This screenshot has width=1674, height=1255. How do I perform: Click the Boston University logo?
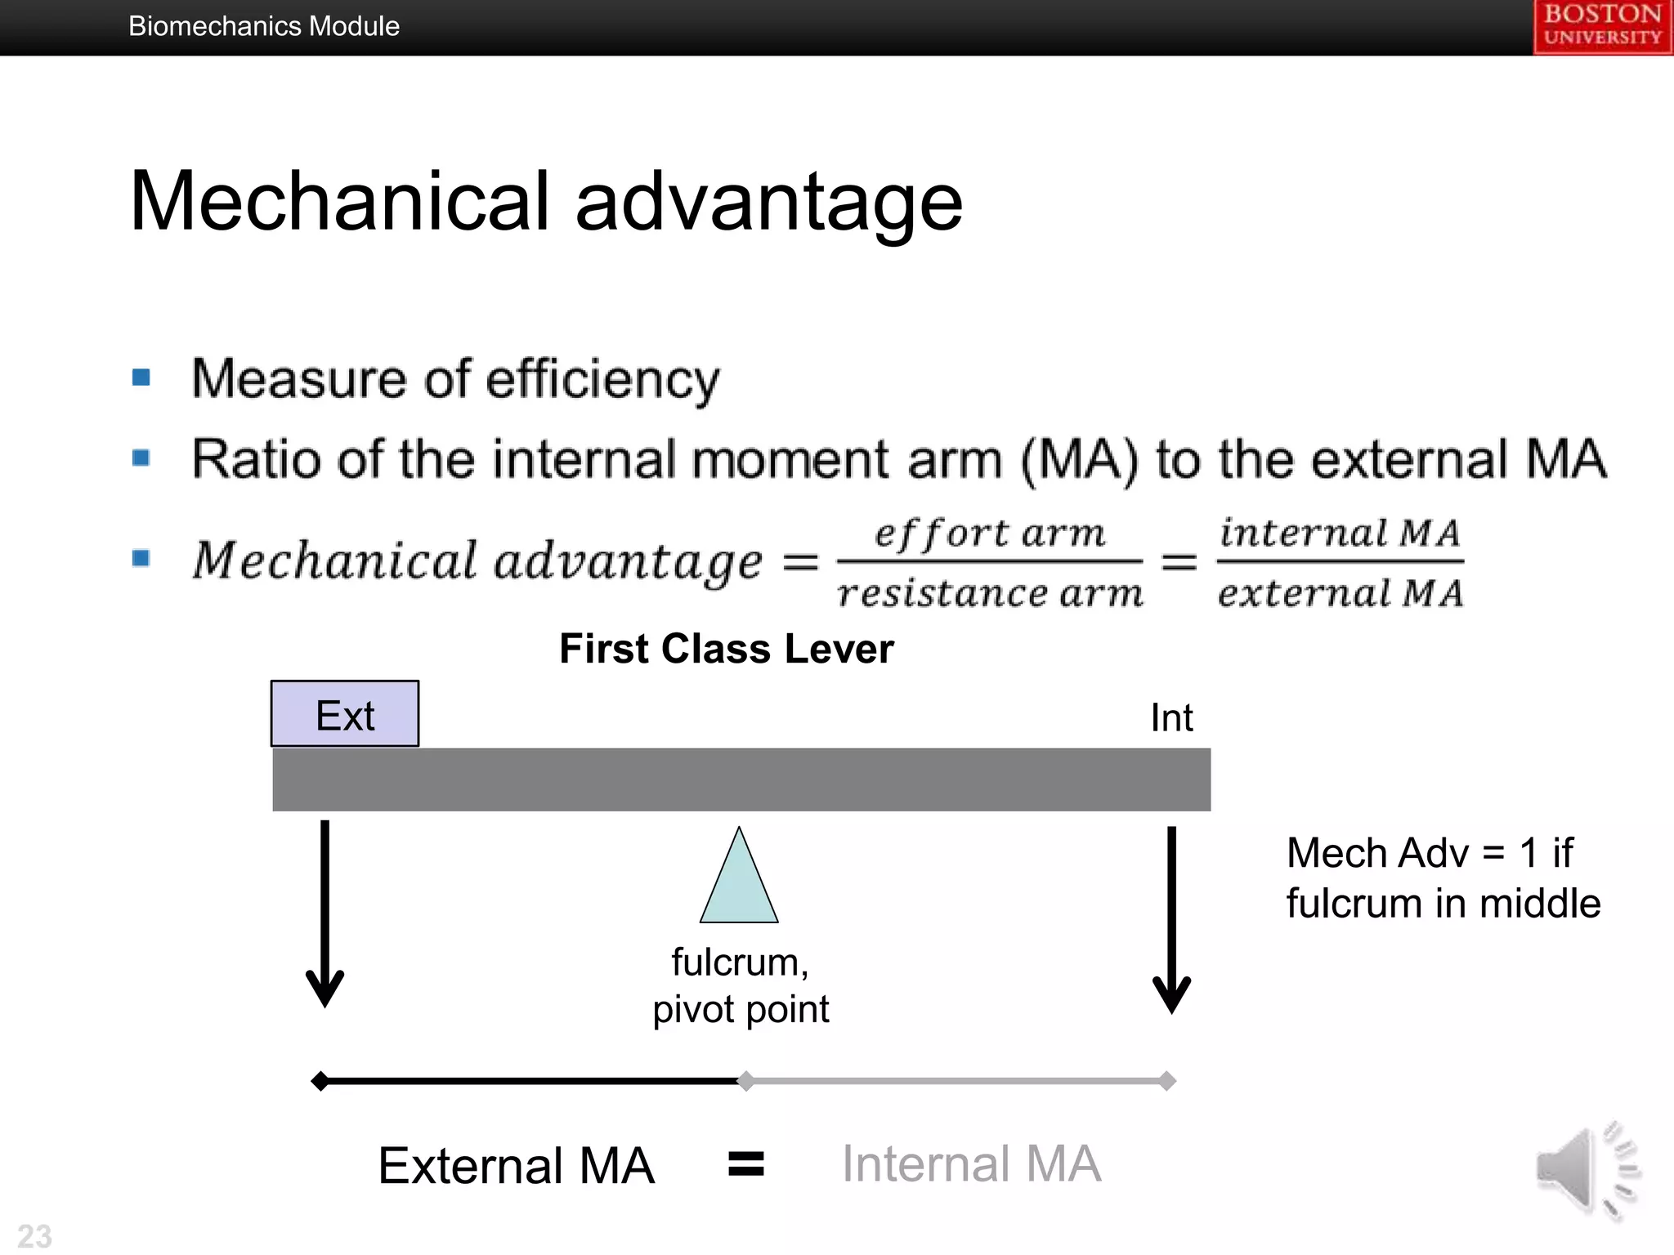[1602, 26]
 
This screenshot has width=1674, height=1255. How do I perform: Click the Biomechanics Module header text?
[263, 26]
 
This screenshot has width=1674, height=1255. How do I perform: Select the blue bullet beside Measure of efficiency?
[141, 377]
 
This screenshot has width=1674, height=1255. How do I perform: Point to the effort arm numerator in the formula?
[990, 534]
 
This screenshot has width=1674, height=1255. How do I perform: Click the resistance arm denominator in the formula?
[990, 592]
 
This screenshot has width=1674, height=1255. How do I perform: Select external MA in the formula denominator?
[1340, 592]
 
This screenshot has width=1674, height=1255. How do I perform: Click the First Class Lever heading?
[726, 649]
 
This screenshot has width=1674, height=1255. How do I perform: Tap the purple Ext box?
[345, 714]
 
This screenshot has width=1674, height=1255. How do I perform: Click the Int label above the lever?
[1171, 718]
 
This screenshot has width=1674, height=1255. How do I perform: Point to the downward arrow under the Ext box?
[325, 915]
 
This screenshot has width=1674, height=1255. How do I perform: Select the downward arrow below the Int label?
[1171, 919]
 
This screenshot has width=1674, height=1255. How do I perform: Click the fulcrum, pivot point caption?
[741, 985]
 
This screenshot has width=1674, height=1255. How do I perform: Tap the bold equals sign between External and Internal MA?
[745, 1163]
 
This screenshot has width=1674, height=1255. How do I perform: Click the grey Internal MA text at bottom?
[971, 1163]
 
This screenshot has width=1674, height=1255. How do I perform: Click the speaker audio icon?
[1586, 1170]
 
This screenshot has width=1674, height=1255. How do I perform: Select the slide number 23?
[34, 1235]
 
